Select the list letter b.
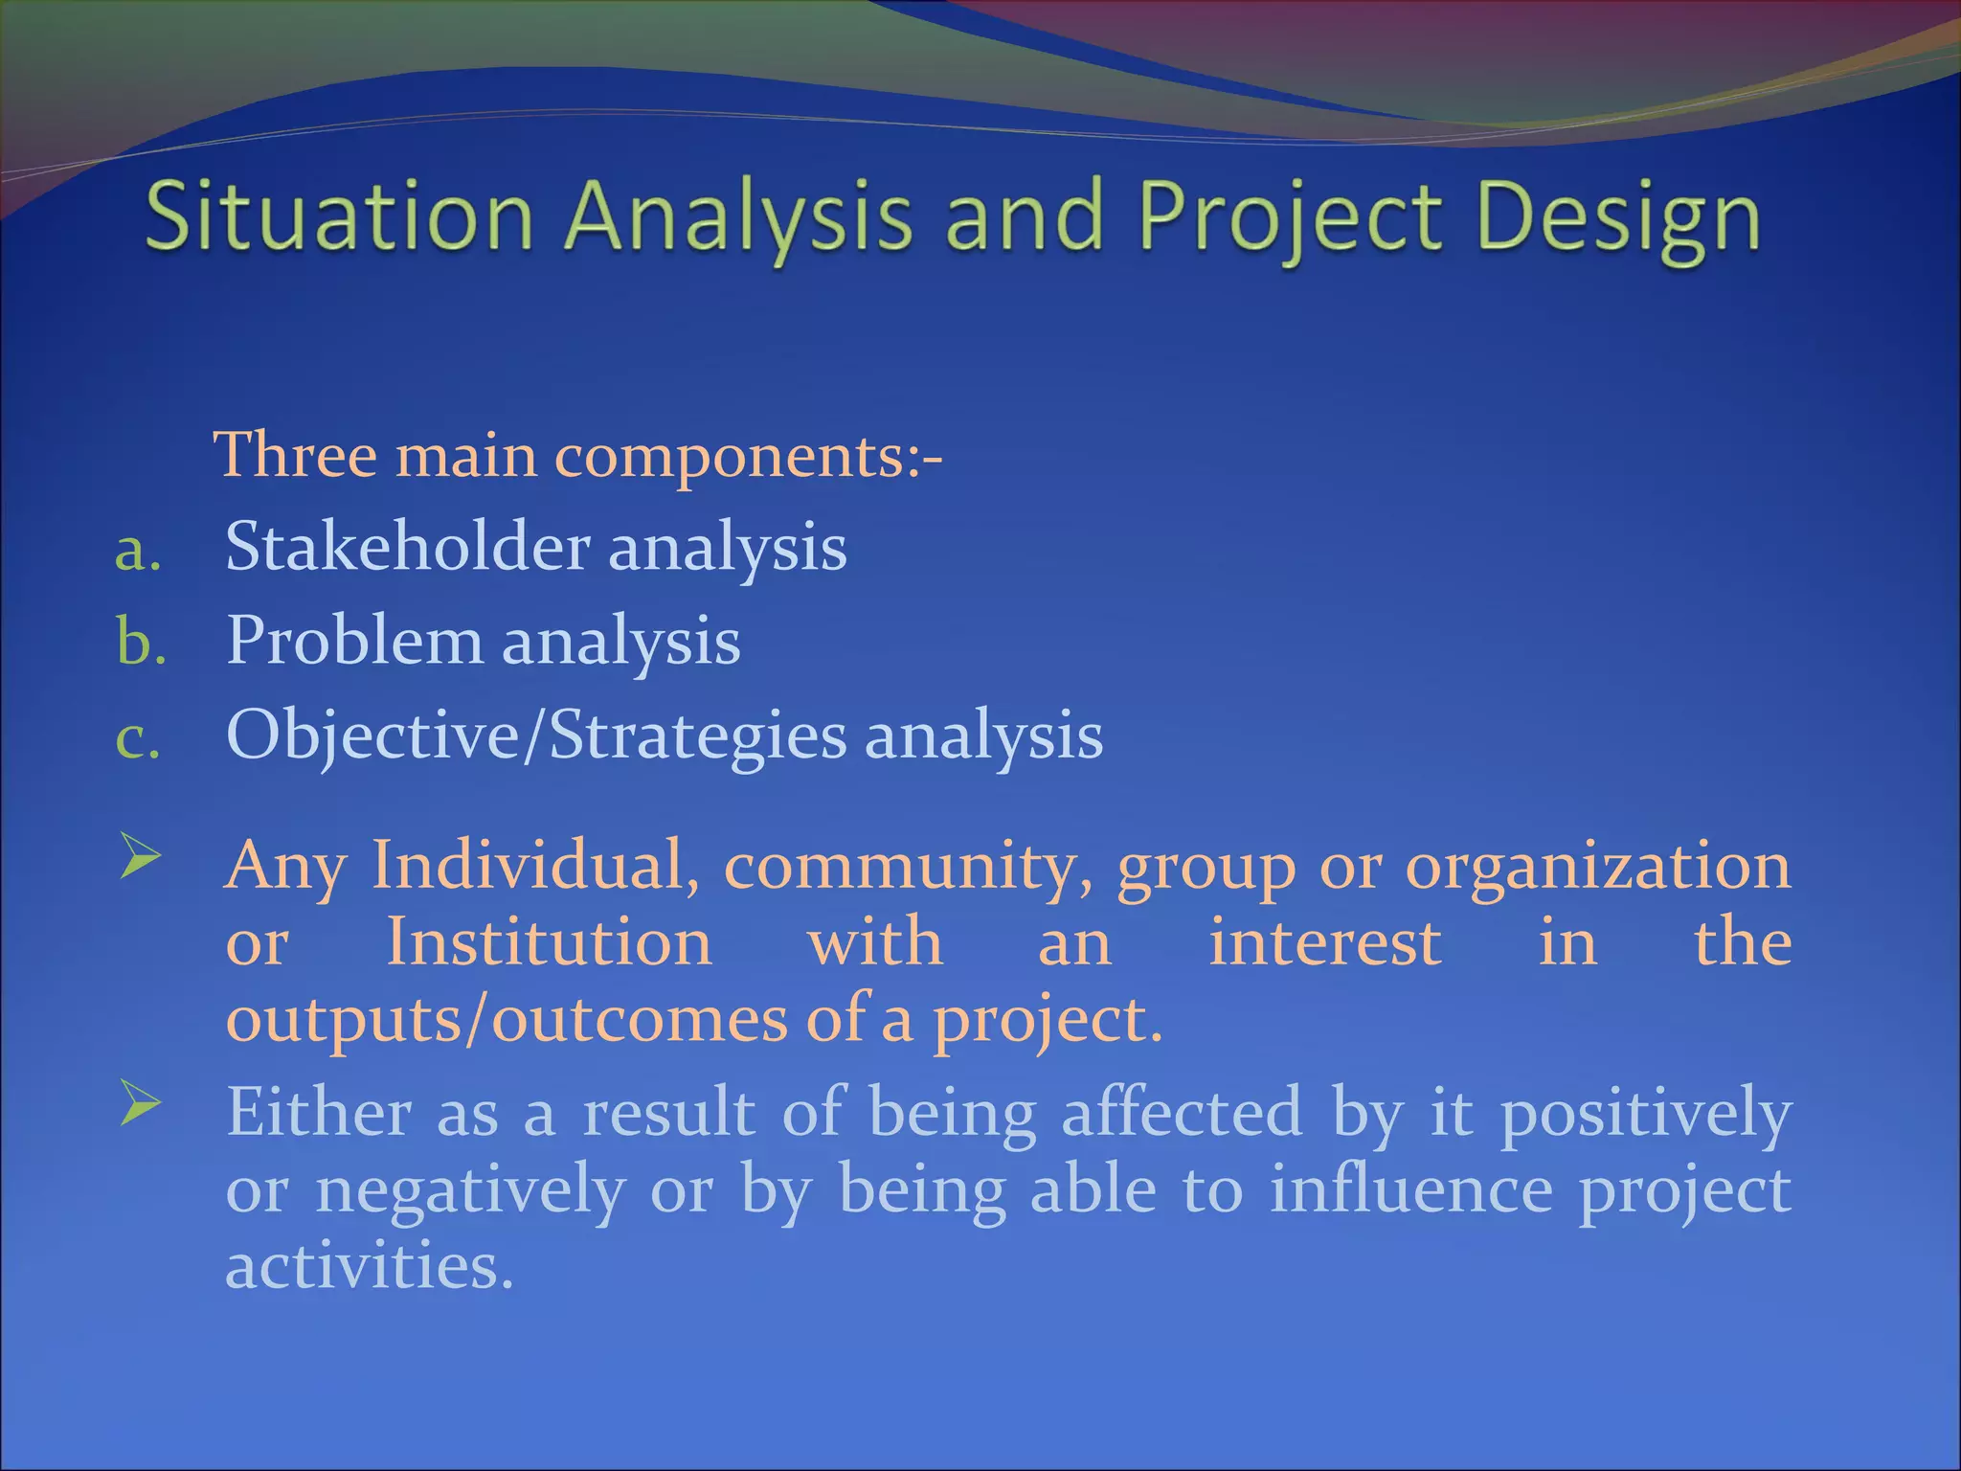tap(141, 642)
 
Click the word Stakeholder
tap(407, 547)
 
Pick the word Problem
tap(354, 641)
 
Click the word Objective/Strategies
tap(536, 736)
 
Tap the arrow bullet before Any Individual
tap(141, 855)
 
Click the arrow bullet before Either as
tap(141, 1105)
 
